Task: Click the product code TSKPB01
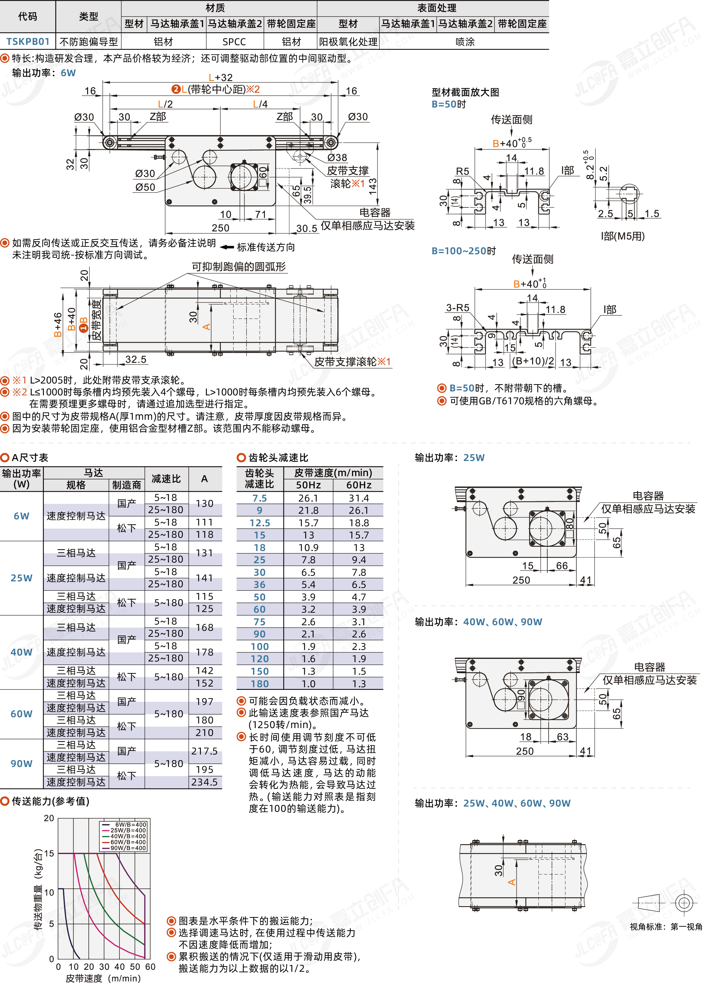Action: click(28, 42)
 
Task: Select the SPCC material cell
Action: click(234, 42)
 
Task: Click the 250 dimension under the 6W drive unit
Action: click(220, 228)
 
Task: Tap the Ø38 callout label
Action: click(337, 158)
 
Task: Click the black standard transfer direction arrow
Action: click(227, 247)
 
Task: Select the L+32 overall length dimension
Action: click(220, 77)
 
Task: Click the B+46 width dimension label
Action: click(58, 324)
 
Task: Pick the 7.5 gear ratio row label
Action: click(260, 498)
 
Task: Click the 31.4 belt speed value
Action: click(359, 498)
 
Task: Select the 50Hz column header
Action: click(308, 485)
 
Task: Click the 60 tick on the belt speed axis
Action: click(150, 967)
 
